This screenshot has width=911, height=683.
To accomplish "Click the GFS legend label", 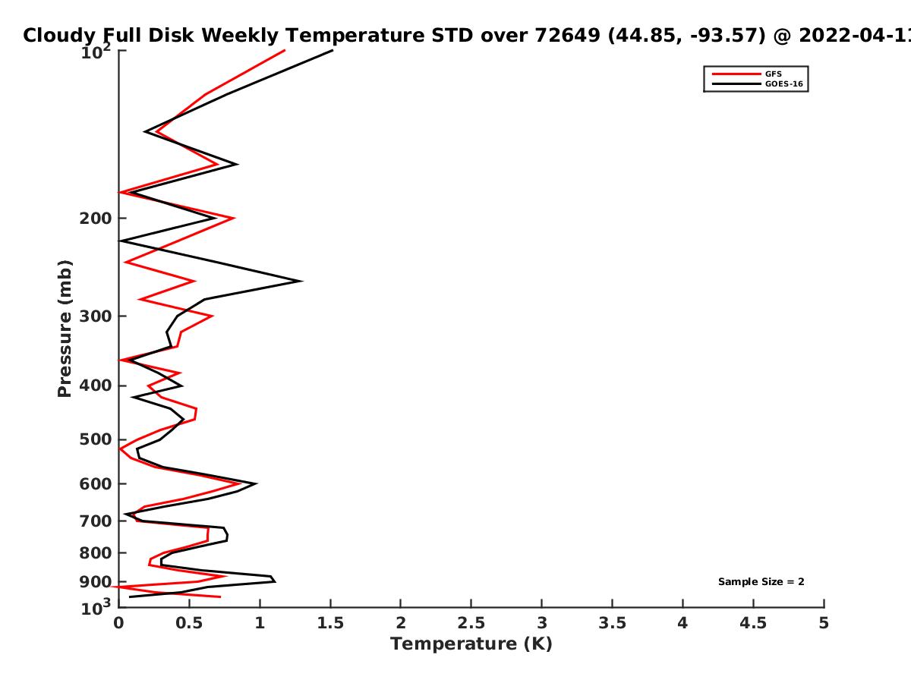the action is pyautogui.click(x=773, y=74).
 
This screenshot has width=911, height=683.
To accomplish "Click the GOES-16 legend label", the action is pyautogui.click(x=784, y=83).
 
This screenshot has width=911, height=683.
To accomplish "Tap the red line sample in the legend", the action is pyautogui.click(x=736, y=74).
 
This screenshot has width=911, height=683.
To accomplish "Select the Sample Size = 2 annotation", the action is pyautogui.click(x=761, y=581).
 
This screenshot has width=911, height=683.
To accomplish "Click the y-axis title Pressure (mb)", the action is pyautogui.click(x=65, y=329).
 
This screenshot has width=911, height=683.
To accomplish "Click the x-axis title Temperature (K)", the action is pyautogui.click(x=471, y=644).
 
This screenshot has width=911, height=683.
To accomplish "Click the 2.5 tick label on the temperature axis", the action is pyautogui.click(x=471, y=623).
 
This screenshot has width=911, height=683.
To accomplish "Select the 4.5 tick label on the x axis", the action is pyautogui.click(x=753, y=623).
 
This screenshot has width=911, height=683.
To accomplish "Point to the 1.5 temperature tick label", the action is pyautogui.click(x=330, y=623).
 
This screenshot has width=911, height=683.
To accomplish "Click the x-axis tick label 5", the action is pyautogui.click(x=824, y=623).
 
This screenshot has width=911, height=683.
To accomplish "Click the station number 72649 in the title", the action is pyautogui.click(x=567, y=35).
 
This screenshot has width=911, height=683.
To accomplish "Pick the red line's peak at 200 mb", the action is pyautogui.click(x=234, y=218).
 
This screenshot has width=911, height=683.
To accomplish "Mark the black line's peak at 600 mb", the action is pyautogui.click(x=256, y=483).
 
